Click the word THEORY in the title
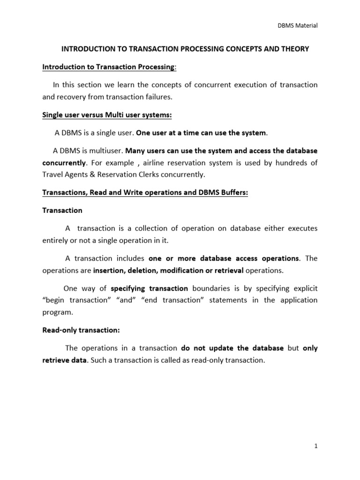pyautogui.click(x=296, y=49)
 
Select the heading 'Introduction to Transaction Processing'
pyautogui.click(x=108, y=67)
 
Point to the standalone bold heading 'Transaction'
pyautogui.click(x=62, y=210)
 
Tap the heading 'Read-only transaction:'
pyautogui.click(x=81, y=330)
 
